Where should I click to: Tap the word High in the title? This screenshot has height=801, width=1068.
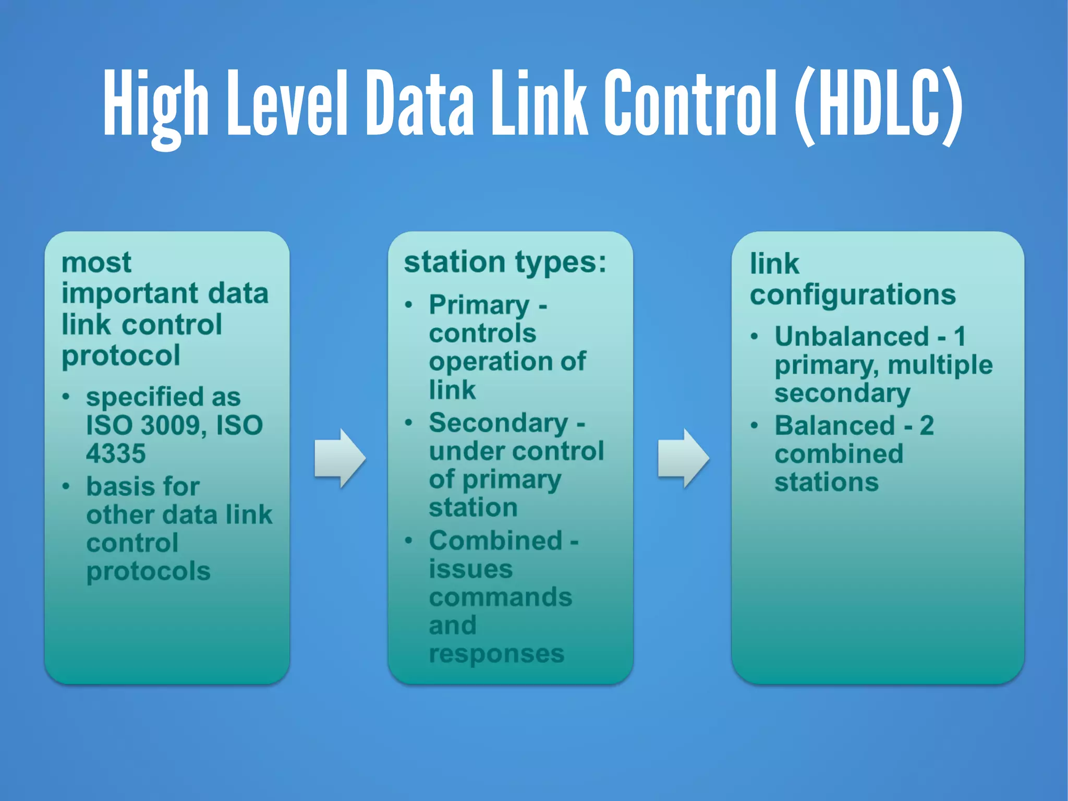tap(155, 104)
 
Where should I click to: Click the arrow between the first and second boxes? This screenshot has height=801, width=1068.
tap(340, 458)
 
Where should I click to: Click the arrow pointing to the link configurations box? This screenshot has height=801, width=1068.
tap(683, 458)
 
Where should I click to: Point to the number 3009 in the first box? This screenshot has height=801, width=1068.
tap(170, 425)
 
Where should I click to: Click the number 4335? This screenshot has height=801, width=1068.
tap(116, 453)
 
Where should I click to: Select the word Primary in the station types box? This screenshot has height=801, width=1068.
tap(479, 305)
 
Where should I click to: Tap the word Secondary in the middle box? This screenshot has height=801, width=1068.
tap(498, 423)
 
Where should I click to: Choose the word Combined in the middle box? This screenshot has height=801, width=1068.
tap(495, 541)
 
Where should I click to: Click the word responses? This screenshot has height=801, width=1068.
tap(496, 654)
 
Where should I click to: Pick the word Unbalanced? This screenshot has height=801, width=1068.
tap(852, 337)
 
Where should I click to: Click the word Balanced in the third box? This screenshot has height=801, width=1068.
tap(834, 426)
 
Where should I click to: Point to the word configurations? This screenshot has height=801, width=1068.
tap(853, 295)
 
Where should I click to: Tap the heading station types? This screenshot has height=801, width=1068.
tap(505, 262)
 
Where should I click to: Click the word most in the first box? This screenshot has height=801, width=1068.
tap(96, 262)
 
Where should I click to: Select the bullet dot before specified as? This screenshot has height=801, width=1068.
tap(66, 397)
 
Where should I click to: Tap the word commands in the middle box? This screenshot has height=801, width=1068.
tap(500, 597)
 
